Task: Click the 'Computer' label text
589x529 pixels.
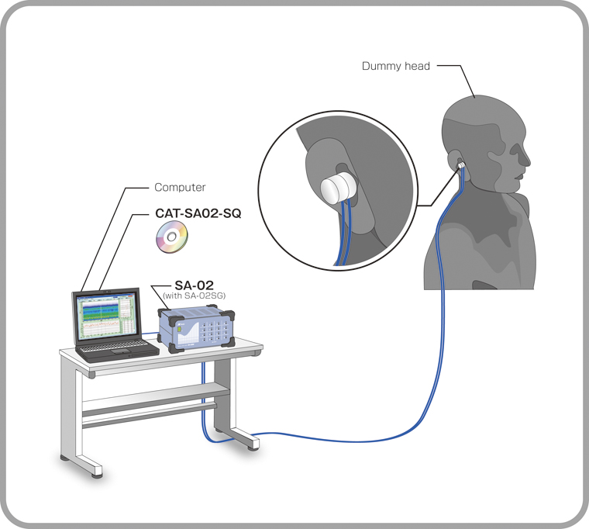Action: point(180,187)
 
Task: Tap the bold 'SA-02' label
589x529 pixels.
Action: point(192,284)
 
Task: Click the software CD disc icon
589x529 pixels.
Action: point(170,237)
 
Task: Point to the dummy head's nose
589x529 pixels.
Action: point(529,161)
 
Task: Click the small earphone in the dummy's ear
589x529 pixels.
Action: point(461,165)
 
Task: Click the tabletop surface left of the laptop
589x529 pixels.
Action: point(68,354)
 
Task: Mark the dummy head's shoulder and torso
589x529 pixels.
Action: point(496,248)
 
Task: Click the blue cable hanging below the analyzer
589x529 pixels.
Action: point(205,396)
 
